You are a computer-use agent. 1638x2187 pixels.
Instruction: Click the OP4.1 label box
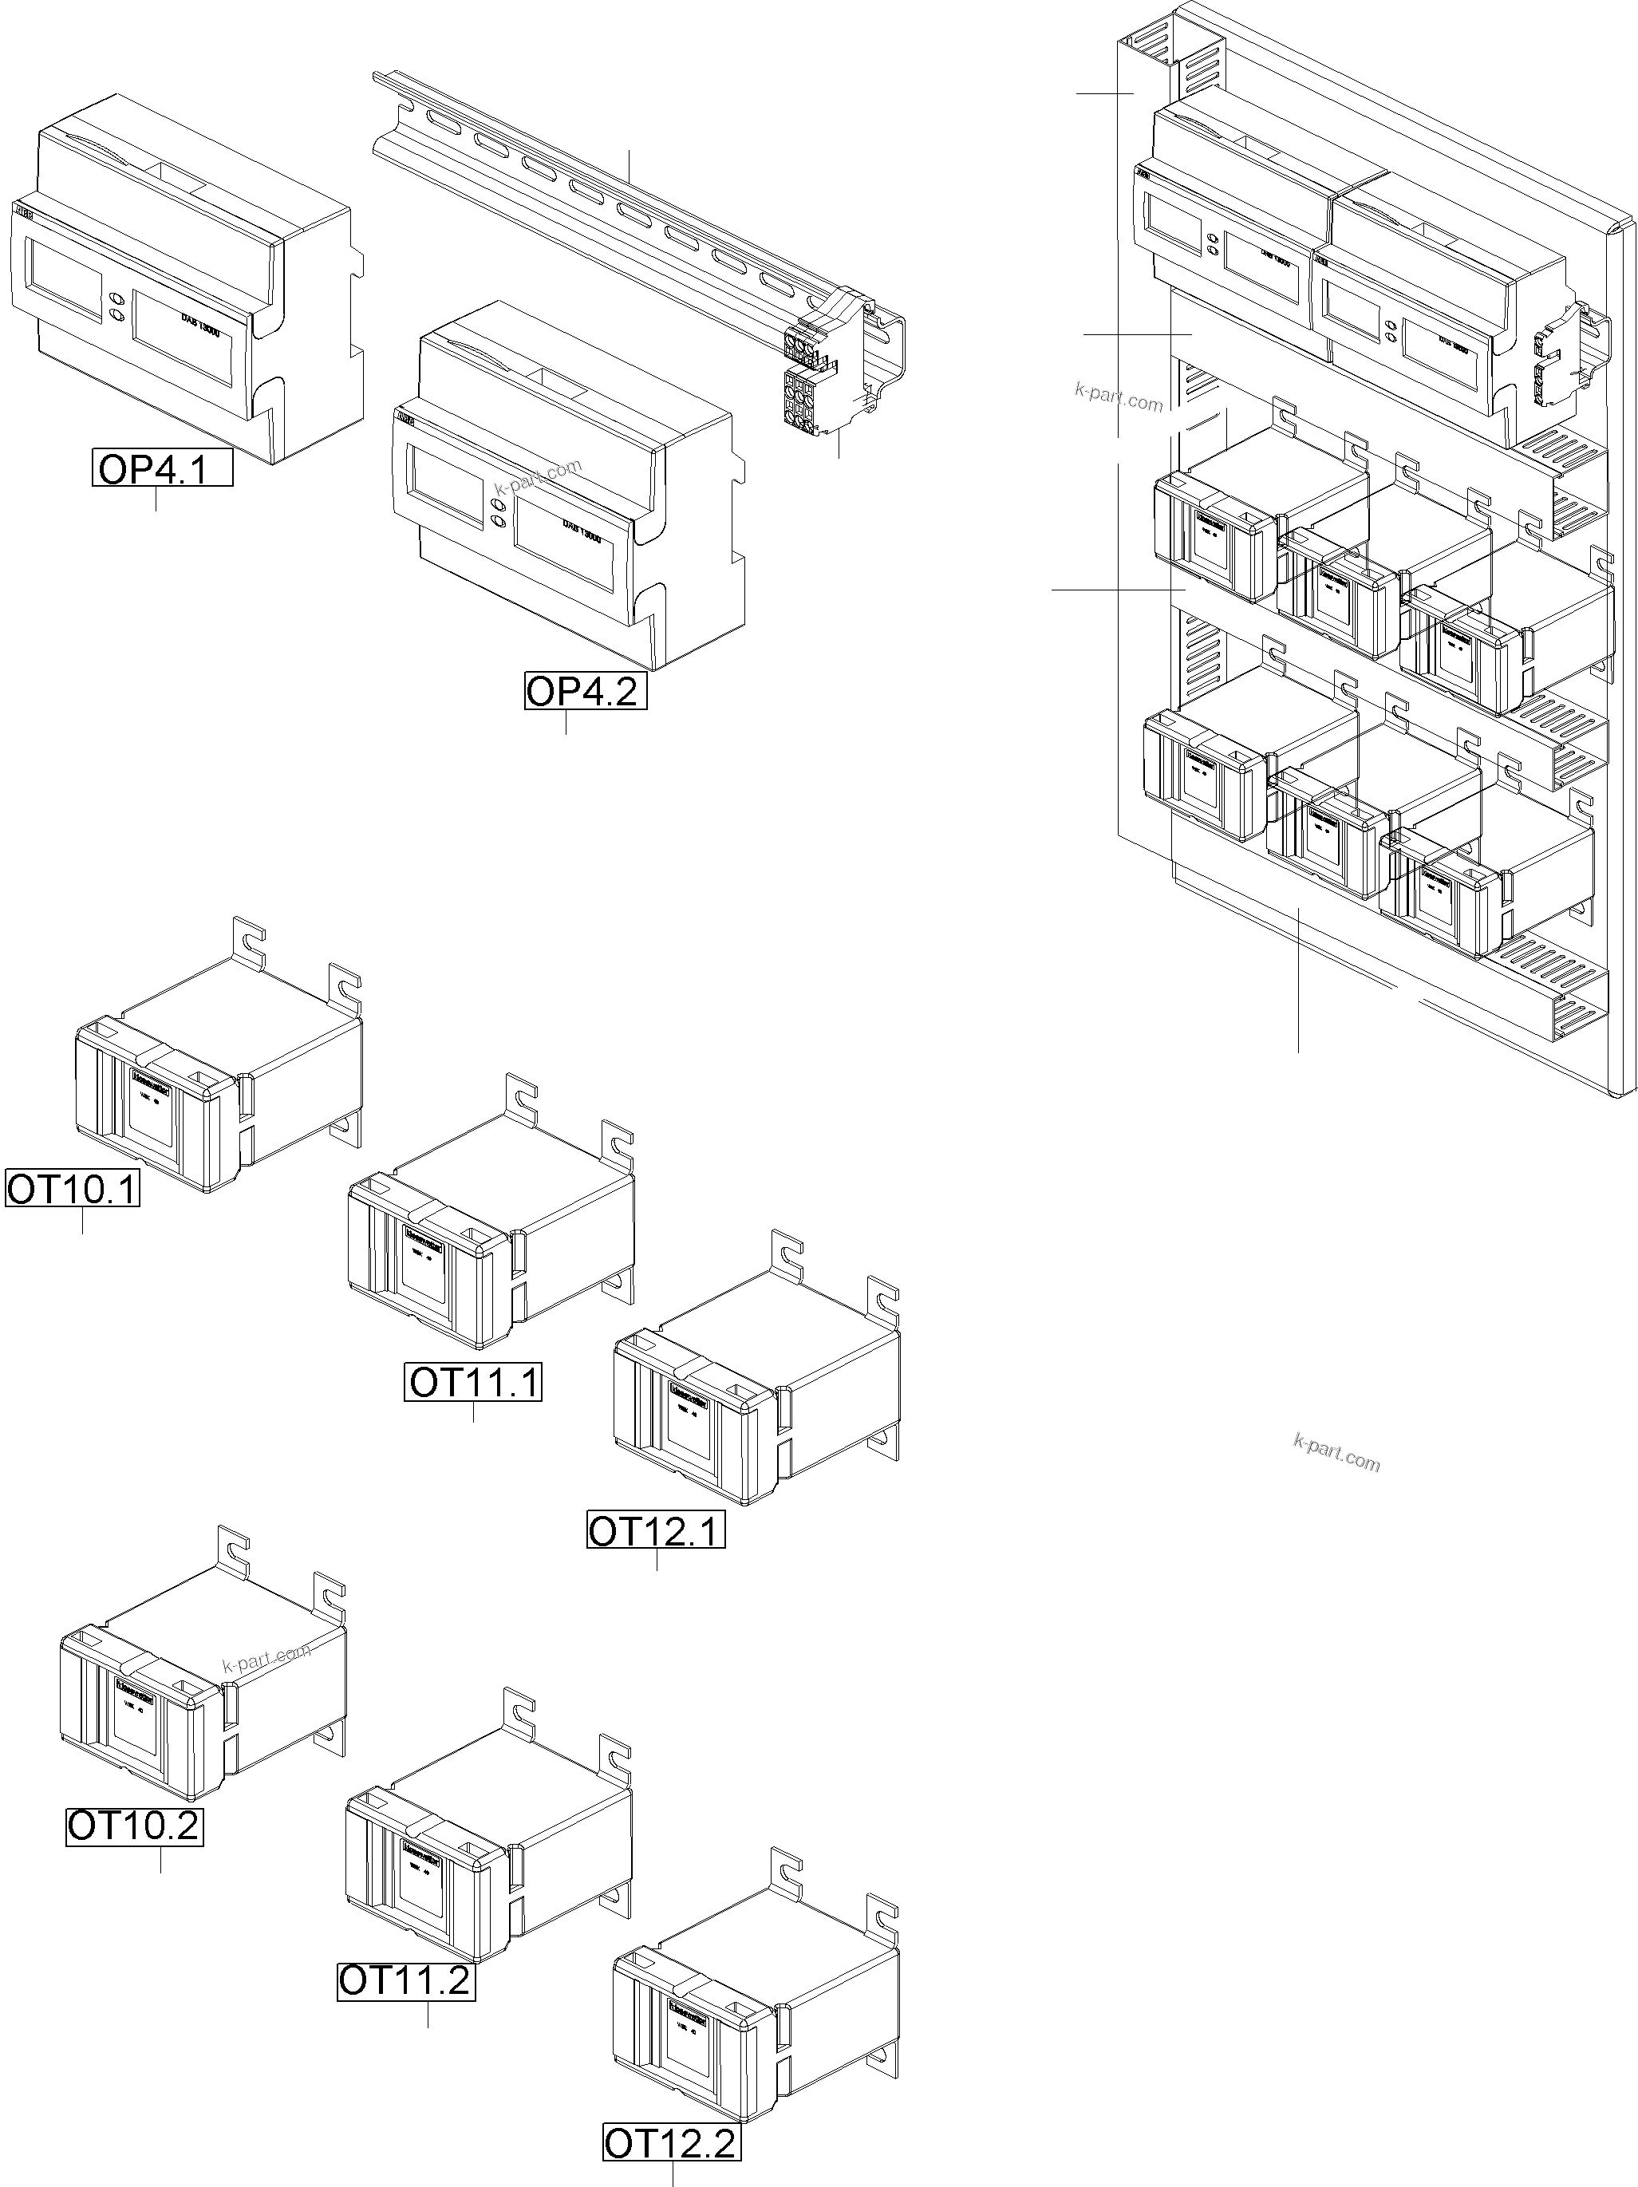coord(163,468)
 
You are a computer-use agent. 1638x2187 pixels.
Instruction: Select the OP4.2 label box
coord(584,691)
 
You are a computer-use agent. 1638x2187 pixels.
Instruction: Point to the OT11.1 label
coord(473,1381)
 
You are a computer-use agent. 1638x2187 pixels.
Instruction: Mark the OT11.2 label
coord(405,1981)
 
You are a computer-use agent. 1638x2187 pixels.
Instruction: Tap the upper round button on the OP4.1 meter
coord(116,298)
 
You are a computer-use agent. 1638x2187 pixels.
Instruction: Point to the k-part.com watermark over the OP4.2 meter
coord(539,478)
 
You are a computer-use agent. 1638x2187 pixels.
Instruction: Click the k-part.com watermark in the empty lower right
coord(1336,1454)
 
